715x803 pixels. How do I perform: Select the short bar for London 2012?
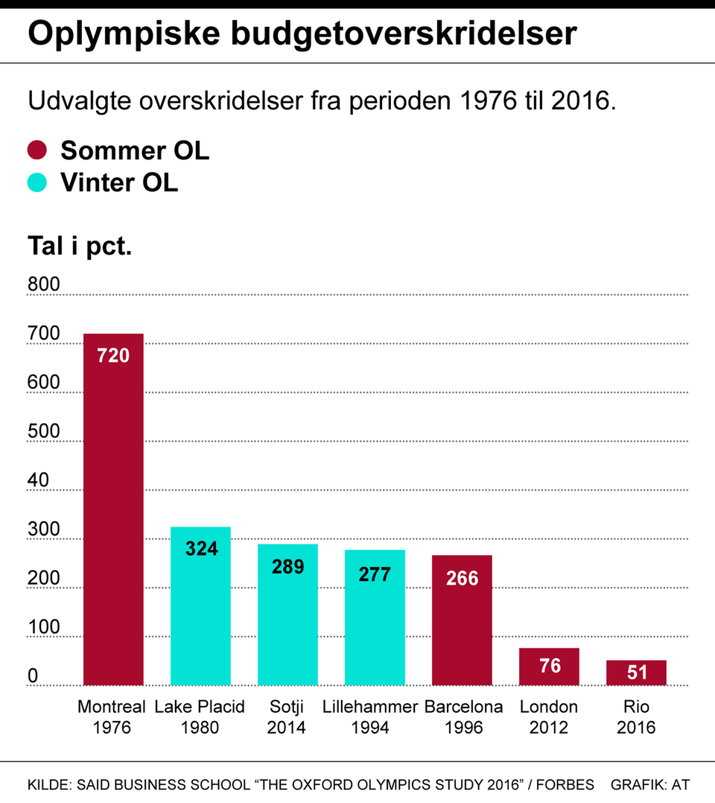(549, 667)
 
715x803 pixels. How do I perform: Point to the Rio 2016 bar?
(636, 673)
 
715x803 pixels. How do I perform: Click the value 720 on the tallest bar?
(113, 355)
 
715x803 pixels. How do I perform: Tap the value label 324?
(201, 549)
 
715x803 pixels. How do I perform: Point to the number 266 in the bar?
(462, 578)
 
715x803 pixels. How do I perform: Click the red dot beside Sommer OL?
(37, 150)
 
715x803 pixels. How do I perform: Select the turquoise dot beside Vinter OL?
(37, 182)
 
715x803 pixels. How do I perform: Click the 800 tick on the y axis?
(43, 284)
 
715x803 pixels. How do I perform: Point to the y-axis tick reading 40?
(38, 480)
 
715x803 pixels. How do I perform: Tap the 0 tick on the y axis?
(33, 676)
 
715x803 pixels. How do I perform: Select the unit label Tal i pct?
(80, 245)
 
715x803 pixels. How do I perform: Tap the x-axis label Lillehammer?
(370, 706)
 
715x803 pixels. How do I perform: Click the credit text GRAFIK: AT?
(649, 784)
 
